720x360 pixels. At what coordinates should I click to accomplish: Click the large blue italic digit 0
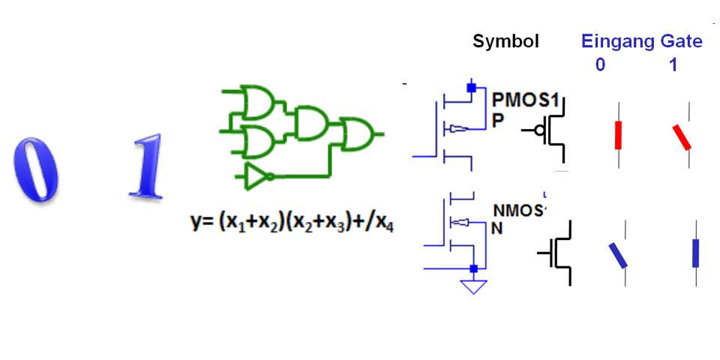[35, 168]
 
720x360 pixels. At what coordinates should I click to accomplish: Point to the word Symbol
[505, 42]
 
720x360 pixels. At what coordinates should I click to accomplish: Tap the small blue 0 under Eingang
[600, 65]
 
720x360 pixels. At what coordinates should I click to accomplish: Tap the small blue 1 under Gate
[673, 65]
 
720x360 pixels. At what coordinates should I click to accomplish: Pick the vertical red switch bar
[619, 135]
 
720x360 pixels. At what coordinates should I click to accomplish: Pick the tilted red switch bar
[681, 137]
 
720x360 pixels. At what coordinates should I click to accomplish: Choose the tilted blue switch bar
[617, 255]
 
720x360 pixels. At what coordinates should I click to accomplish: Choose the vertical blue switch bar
[696, 253]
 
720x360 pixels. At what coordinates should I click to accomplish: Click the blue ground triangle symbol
[473, 286]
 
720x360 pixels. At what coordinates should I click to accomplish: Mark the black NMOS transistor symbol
[557, 253]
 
